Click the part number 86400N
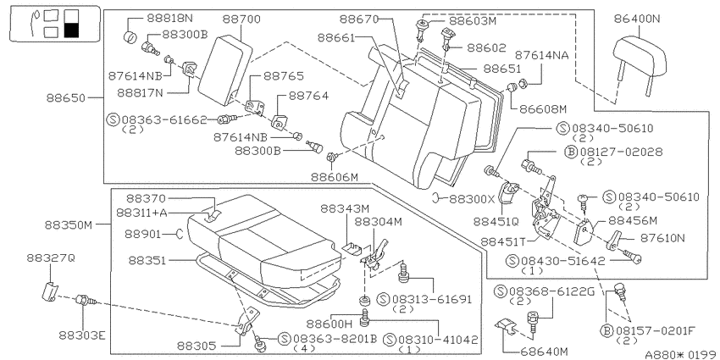pos(636,19)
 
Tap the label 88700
pos(241,19)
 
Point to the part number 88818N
pos(170,19)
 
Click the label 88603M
pos(472,21)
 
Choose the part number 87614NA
pos(542,55)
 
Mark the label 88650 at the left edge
pos(66,97)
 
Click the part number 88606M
pos(334,177)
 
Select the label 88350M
pos(69,225)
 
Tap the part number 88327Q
pos(50,258)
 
